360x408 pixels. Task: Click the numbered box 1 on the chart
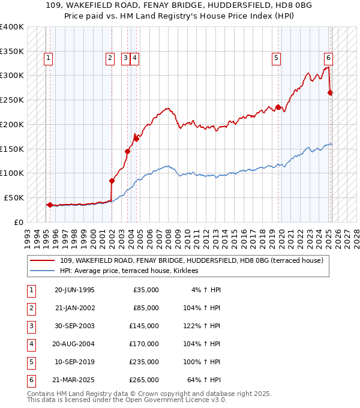(47, 58)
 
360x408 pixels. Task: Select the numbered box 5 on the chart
(276, 58)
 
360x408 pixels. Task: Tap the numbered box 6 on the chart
(329, 58)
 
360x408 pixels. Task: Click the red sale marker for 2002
(112, 180)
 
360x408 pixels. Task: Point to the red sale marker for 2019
(278, 107)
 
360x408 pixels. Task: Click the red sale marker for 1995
(50, 205)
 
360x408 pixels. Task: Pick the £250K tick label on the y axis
(12, 100)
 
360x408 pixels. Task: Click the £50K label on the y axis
(14, 197)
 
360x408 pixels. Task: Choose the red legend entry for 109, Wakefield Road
(191, 260)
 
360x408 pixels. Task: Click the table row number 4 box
(30, 344)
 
